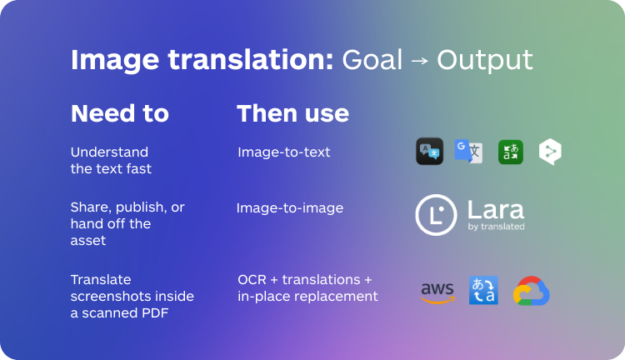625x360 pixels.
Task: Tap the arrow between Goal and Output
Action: pos(419,61)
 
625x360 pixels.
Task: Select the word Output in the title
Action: pos(484,61)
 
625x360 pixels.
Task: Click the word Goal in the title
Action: pos(372,60)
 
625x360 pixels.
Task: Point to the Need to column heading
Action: pos(119,113)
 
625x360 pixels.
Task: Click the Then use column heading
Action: pos(292,113)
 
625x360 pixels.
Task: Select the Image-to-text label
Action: pos(283,152)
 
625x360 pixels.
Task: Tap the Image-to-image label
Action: pos(289,207)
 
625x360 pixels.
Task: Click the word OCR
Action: pos(252,279)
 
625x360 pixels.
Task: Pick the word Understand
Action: pos(109,152)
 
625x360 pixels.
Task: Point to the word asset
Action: pos(88,240)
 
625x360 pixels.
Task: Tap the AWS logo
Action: pos(437,292)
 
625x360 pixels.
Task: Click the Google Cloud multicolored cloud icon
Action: pos(531,292)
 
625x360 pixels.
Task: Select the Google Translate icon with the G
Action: pos(467,151)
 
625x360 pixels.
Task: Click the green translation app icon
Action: pos(510,151)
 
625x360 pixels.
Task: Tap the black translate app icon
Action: pos(429,151)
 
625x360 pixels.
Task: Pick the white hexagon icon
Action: pos(550,151)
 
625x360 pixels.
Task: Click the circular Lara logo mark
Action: pos(435,214)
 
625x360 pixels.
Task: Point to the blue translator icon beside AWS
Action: pos(483,291)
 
